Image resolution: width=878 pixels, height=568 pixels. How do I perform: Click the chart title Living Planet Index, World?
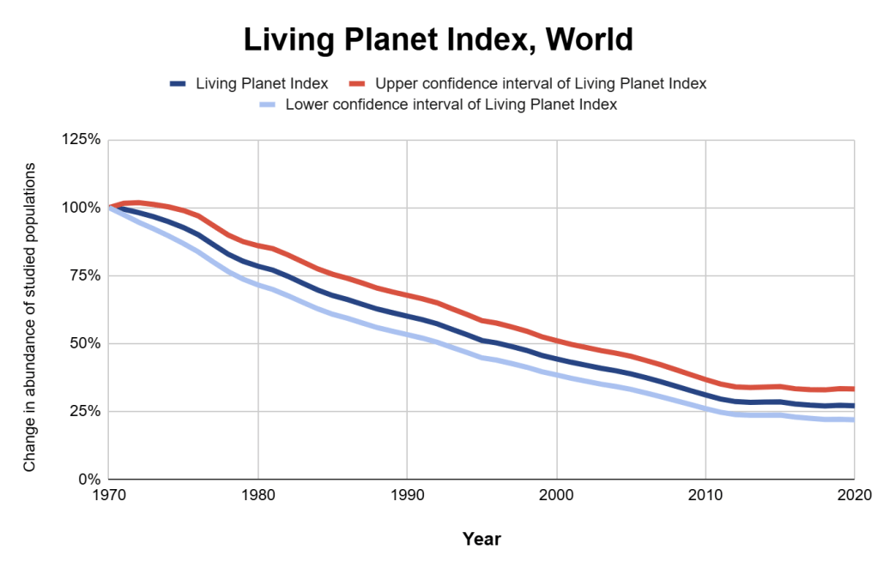(438, 39)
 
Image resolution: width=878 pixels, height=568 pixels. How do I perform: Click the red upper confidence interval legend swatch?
(357, 84)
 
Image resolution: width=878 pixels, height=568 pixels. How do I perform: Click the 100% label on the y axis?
(82, 208)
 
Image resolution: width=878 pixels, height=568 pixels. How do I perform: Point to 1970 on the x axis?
(109, 495)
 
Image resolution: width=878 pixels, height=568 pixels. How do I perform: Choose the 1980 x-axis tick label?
(257, 495)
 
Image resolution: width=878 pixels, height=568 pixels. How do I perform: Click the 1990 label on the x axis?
(407, 495)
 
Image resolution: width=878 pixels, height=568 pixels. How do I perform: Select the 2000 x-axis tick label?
(556, 495)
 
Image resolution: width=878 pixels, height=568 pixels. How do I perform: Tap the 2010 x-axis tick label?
(705, 495)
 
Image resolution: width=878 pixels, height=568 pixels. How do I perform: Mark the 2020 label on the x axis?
(852, 495)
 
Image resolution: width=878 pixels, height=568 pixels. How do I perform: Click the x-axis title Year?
(481, 540)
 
